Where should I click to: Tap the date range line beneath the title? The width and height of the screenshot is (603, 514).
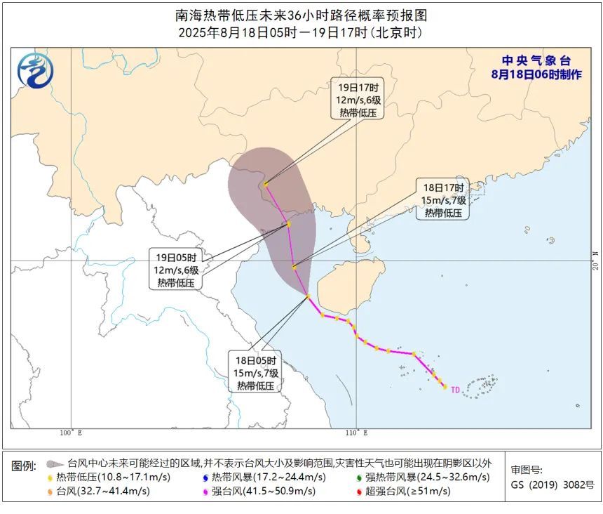(301, 33)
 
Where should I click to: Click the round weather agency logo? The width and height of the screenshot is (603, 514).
(35, 71)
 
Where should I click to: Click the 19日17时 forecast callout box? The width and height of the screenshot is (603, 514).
(358, 100)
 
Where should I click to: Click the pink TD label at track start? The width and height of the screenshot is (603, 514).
(455, 389)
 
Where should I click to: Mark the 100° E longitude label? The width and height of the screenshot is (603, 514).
(71, 433)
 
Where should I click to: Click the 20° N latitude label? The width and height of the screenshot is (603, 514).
(595, 260)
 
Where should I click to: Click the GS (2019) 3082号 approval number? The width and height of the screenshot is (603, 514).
(552, 485)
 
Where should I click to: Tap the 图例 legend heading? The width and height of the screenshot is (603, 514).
(24, 466)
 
